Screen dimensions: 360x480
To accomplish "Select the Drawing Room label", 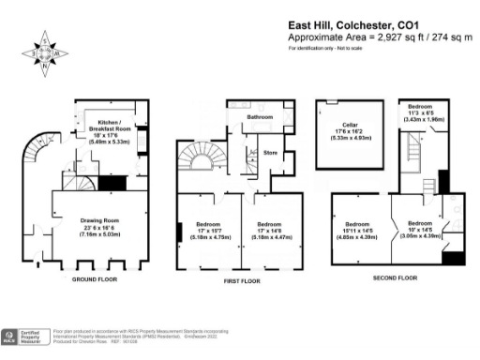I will [95, 226].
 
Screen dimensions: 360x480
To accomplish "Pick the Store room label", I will [271, 152].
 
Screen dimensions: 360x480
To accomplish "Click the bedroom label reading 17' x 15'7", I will [208, 230].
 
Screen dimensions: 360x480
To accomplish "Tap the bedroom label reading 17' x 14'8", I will [270, 230].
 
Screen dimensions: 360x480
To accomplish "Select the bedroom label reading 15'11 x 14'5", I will [358, 230].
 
